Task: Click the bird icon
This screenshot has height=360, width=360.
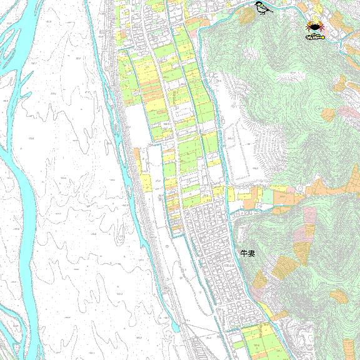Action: (263, 9)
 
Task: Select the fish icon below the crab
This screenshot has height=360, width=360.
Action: (315, 36)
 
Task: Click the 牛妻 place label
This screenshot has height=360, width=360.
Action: (247, 253)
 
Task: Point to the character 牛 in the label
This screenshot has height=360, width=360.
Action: (244, 253)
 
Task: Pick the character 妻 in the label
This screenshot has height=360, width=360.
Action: (251, 253)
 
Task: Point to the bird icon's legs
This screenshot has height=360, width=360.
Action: (263, 14)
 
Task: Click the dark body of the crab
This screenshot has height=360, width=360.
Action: (314, 26)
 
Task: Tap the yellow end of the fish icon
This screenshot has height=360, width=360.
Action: (322, 36)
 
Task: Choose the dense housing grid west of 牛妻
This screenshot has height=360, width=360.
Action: (212, 250)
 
